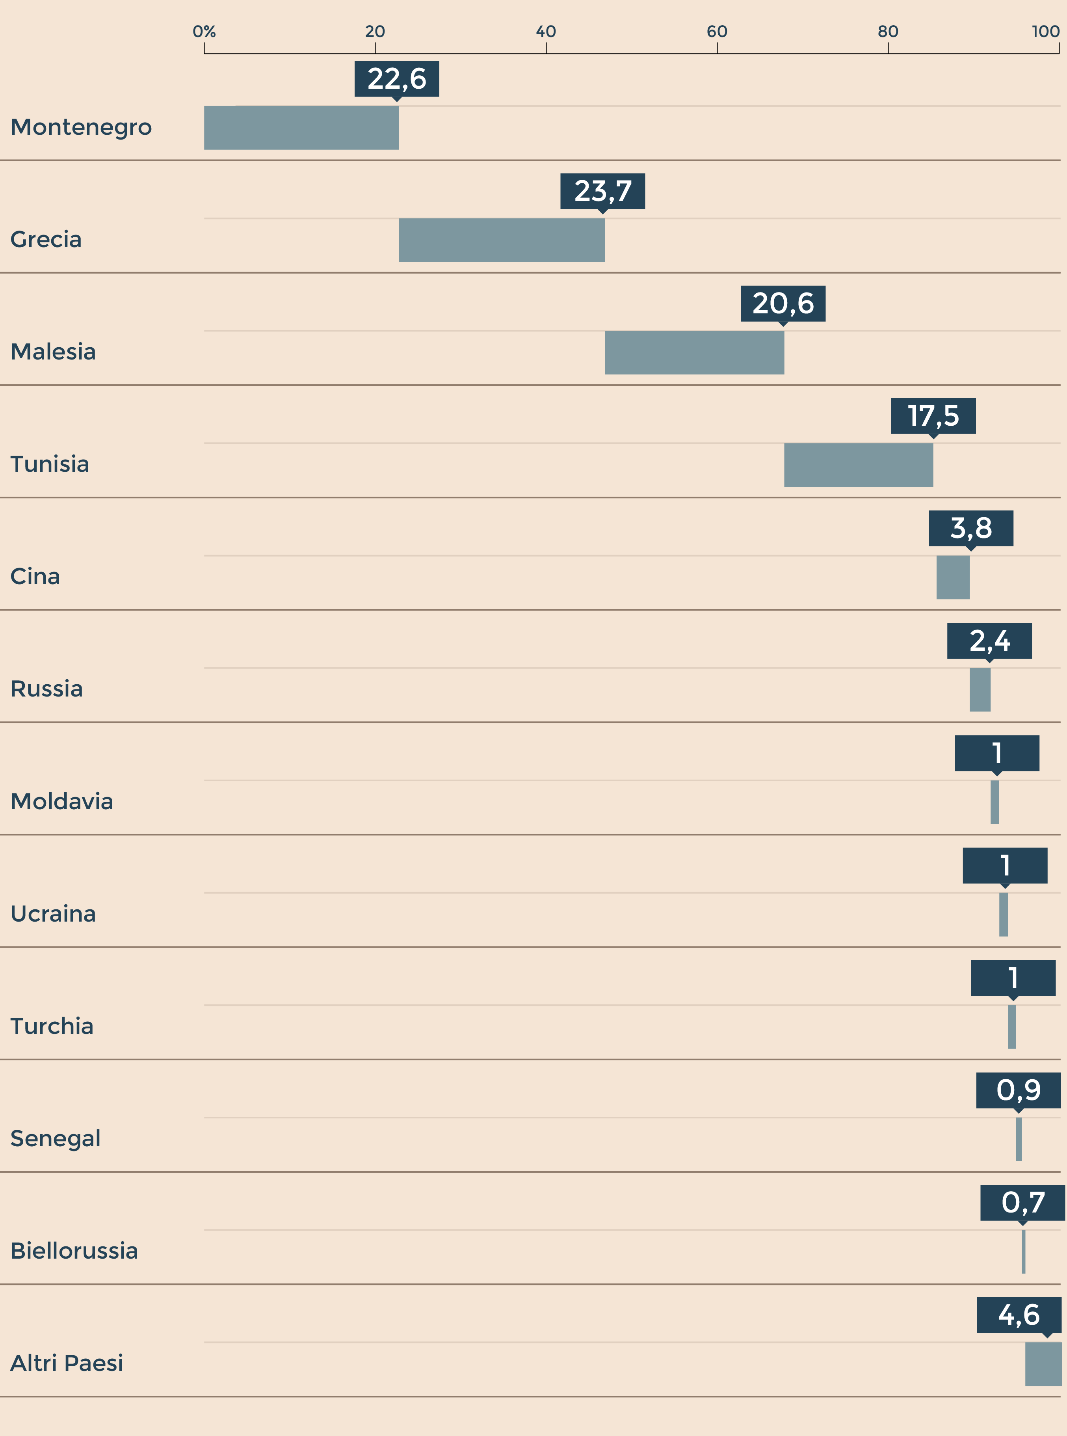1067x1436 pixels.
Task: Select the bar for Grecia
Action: pos(502,240)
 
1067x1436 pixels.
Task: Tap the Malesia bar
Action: pos(694,353)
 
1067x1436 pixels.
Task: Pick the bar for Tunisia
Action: pos(859,465)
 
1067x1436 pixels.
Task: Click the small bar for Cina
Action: pos(953,577)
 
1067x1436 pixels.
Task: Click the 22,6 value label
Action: pos(396,79)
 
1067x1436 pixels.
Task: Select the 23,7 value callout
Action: pos(602,191)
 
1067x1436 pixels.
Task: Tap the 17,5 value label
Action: pos(933,416)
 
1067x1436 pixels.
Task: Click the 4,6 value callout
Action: pos(1019,1315)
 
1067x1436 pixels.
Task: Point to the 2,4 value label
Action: pos(989,641)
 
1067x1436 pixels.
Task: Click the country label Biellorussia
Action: pos(74,1251)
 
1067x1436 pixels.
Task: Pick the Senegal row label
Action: pos(56,1138)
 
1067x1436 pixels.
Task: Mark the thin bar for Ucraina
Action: pos(1003,915)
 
